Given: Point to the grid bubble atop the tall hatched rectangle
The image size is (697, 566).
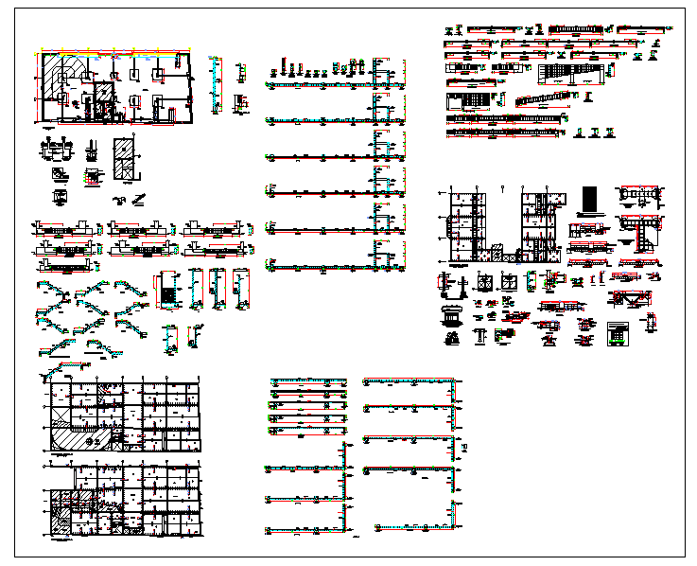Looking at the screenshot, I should tap(123, 135).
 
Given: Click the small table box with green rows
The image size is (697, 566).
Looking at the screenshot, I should tap(618, 333).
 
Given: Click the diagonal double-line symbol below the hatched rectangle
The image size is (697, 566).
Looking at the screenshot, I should tap(139, 198).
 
